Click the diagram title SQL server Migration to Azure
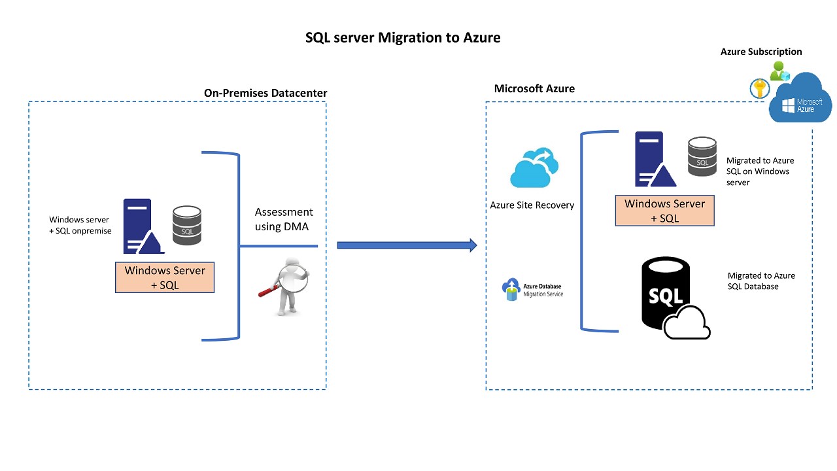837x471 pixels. (403, 38)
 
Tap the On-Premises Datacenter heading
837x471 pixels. (265, 93)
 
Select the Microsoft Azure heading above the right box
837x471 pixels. (534, 89)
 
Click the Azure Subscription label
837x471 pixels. (761, 52)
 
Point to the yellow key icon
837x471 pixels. (760, 88)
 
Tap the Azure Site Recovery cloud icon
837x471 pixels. (534, 167)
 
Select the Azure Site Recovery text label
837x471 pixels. (532, 205)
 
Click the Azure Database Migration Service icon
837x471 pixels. (510, 290)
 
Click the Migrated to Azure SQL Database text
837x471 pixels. (761, 281)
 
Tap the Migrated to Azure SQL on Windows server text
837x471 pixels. (760, 171)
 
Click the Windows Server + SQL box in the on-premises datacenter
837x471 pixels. (165, 277)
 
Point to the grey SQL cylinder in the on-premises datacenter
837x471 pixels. (187, 225)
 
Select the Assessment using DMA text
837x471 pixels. (284, 219)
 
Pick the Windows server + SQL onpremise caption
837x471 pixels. (80, 226)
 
